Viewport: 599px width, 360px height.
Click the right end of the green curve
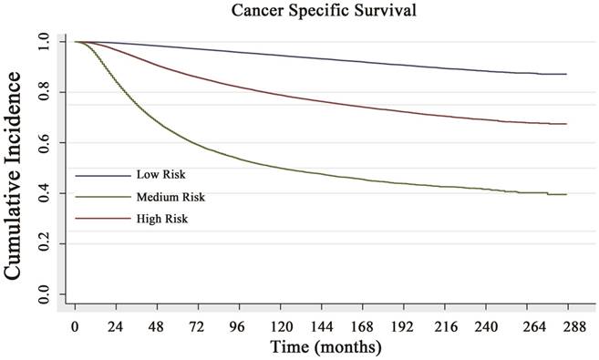(x=566, y=195)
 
